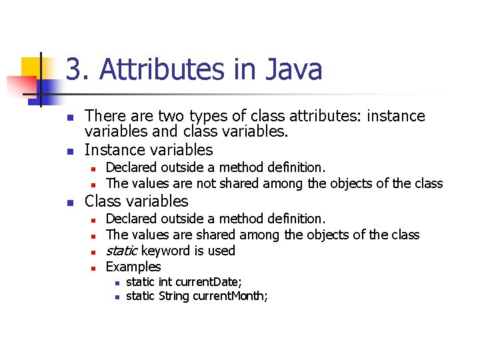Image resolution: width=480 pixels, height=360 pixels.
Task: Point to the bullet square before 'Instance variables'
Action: point(69,151)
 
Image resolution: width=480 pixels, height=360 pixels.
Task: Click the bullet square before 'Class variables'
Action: point(69,202)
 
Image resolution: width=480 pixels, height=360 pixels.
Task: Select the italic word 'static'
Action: point(122,251)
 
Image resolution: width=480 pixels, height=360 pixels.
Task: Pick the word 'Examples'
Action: point(133,267)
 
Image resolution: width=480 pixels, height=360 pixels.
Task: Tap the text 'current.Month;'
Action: point(231,295)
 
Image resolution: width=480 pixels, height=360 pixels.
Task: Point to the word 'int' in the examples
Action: point(164,282)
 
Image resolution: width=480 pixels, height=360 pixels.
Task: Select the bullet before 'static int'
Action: point(117,283)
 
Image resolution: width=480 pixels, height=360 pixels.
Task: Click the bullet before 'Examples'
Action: point(95,268)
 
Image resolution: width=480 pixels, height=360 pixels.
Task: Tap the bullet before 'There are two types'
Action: point(69,117)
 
